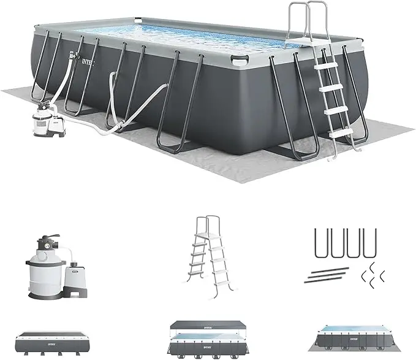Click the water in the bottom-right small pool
click(361, 336)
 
